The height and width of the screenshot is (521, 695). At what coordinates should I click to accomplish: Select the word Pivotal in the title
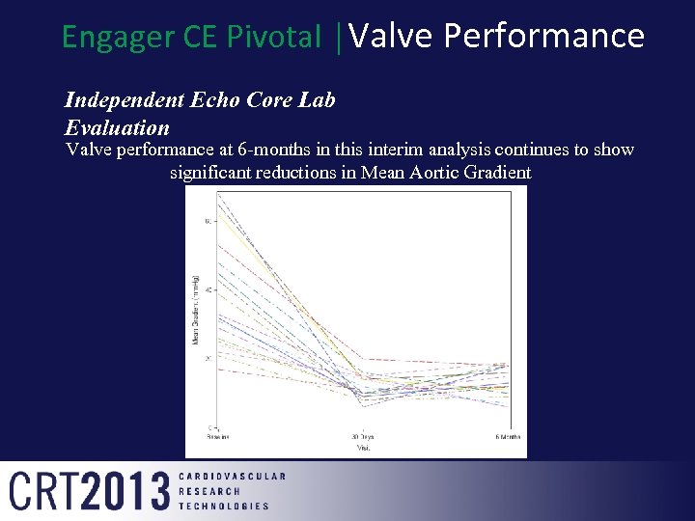pos(275,37)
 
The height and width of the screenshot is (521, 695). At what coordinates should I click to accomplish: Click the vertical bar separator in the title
pos(337,37)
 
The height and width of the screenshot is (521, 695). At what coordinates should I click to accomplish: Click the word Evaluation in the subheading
pos(117,127)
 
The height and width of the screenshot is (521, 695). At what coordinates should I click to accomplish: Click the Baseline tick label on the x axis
pos(218,437)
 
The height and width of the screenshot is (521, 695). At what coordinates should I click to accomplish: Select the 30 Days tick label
pos(362,437)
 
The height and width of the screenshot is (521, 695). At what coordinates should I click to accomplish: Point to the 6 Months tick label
pos(508,437)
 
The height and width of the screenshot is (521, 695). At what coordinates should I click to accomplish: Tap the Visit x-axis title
pos(363,448)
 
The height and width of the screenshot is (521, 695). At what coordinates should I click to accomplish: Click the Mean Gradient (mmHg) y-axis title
pos(196,309)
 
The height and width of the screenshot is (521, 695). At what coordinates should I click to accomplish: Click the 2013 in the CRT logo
pos(127,491)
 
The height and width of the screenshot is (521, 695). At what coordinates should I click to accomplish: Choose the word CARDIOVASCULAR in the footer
pos(233,477)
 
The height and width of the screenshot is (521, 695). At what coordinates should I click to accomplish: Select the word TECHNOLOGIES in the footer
pos(224,506)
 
